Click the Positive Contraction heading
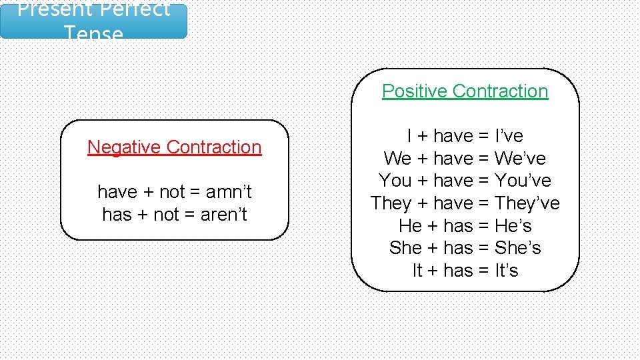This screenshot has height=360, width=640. (x=465, y=91)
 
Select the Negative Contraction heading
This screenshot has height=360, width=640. (x=174, y=147)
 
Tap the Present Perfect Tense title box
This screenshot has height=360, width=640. (x=93, y=21)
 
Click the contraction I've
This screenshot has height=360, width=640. (x=509, y=136)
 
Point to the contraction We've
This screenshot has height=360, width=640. (x=520, y=159)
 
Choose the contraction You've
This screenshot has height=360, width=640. (x=523, y=181)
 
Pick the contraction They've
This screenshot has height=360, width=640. (x=527, y=203)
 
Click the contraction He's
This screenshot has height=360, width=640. (x=513, y=226)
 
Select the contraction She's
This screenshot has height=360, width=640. (x=517, y=248)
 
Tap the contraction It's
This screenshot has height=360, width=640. (x=506, y=271)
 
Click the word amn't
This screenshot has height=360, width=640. (x=229, y=192)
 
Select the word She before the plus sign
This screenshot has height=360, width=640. (x=405, y=248)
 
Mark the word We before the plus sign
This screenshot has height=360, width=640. (x=397, y=159)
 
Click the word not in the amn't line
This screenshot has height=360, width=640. (x=171, y=192)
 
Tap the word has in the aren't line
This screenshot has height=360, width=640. (x=117, y=215)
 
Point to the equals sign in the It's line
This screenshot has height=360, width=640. (x=483, y=271)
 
